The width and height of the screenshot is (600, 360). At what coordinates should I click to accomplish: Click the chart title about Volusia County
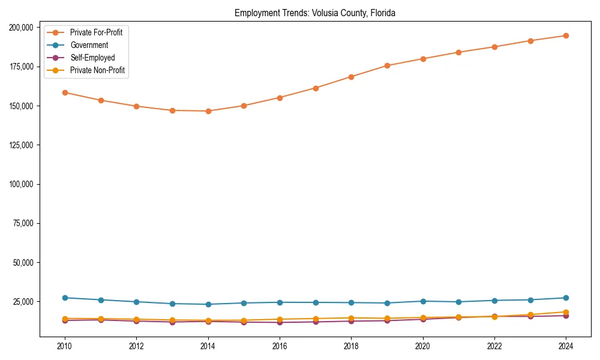tap(315, 13)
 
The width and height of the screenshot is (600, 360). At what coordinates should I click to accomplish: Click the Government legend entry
tap(89, 45)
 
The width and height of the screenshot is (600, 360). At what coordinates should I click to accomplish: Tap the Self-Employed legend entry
tap(92, 58)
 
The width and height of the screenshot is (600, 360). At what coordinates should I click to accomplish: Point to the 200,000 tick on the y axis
tap(22, 28)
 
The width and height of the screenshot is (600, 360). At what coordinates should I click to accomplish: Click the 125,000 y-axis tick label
tap(22, 145)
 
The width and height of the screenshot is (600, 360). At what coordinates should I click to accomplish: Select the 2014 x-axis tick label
tap(208, 346)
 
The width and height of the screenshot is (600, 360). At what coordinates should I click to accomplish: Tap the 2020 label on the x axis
tap(423, 346)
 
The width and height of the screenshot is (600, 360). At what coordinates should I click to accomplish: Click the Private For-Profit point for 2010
tap(65, 92)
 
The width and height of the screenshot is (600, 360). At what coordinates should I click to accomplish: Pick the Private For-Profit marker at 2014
tap(208, 111)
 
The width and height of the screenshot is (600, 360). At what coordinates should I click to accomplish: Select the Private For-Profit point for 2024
tap(566, 35)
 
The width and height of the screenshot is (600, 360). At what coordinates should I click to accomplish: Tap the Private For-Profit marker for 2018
tap(351, 77)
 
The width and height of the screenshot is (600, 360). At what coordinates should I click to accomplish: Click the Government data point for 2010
tap(65, 298)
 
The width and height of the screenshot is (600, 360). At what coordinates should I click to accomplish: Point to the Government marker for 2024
tap(566, 298)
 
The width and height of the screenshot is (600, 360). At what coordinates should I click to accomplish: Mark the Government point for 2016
tap(280, 302)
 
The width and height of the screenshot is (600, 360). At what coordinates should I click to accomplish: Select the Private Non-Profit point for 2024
tap(566, 312)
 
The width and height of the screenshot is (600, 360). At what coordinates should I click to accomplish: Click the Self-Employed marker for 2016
tap(280, 323)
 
